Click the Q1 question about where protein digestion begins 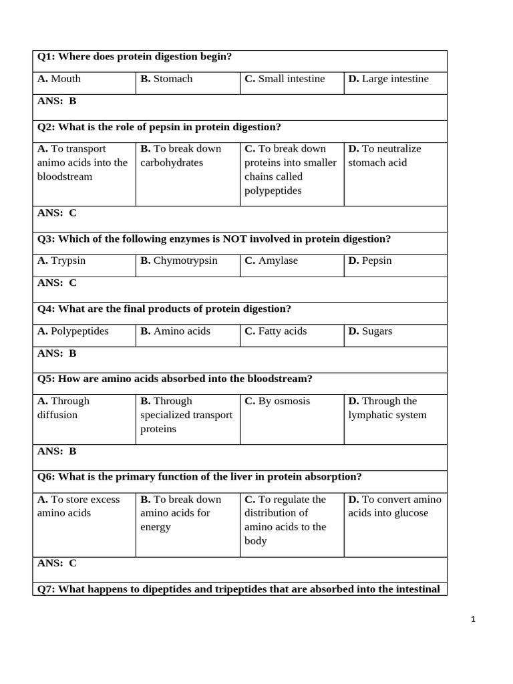tap(134, 57)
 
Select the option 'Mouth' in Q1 tap(59, 79)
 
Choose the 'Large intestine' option tap(388, 79)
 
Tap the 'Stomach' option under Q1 tap(166, 79)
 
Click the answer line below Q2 tap(57, 213)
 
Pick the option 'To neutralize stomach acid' tap(385, 156)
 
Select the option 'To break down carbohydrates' tap(180, 156)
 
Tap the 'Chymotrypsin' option tap(178, 261)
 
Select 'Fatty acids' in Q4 tap(276, 331)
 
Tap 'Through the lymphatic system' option tap(387, 408)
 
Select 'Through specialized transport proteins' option tap(186, 415)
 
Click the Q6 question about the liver tap(199, 477)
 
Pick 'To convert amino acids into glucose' tap(394, 506)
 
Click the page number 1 tap(473, 619)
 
